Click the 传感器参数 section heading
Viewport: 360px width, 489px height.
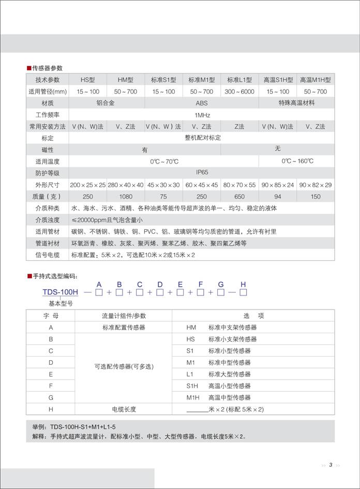pyautogui.click(x=47, y=68)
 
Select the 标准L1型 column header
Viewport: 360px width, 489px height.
pyautogui.click(x=239, y=80)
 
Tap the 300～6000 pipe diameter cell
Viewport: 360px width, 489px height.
pyautogui.click(x=239, y=92)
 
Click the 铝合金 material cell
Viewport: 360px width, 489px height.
pyautogui.click(x=107, y=103)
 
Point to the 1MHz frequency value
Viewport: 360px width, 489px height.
pyautogui.click(x=201, y=115)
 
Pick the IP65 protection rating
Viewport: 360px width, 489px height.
pyautogui.click(x=201, y=173)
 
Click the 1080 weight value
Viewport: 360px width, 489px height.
pyautogui.click(x=125, y=197)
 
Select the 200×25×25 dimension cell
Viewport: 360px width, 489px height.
pyautogui.click(x=88, y=185)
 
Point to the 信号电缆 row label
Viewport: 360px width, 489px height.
pyautogui.click(x=48, y=255)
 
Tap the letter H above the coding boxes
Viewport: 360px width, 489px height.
pyautogui.click(x=243, y=284)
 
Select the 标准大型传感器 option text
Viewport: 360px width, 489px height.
pyautogui.click(x=229, y=374)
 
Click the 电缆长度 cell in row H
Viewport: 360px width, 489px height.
pyautogui.click(x=124, y=409)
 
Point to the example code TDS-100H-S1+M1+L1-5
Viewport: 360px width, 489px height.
pyautogui.click(x=83, y=427)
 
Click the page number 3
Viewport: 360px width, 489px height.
pyautogui.click(x=331, y=465)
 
